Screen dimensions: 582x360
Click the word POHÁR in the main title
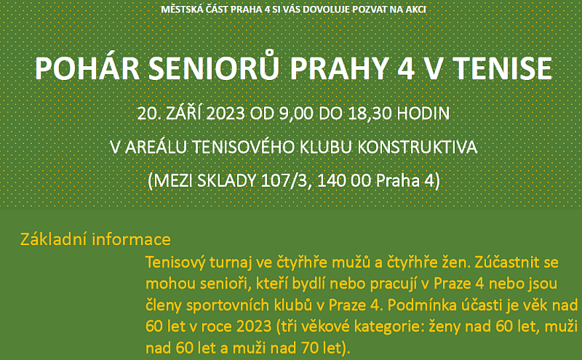tap(87, 68)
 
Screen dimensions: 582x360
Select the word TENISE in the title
tap(503, 68)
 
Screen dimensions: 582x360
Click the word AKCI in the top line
tap(415, 9)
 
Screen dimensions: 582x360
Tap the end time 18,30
tap(370, 113)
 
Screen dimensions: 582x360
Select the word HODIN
tap(423, 113)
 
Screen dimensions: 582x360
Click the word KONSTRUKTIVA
tap(417, 148)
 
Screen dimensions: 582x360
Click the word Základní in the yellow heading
tap(54, 239)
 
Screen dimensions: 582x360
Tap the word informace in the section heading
tap(132, 239)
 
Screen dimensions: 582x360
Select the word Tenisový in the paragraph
tap(175, 263)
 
